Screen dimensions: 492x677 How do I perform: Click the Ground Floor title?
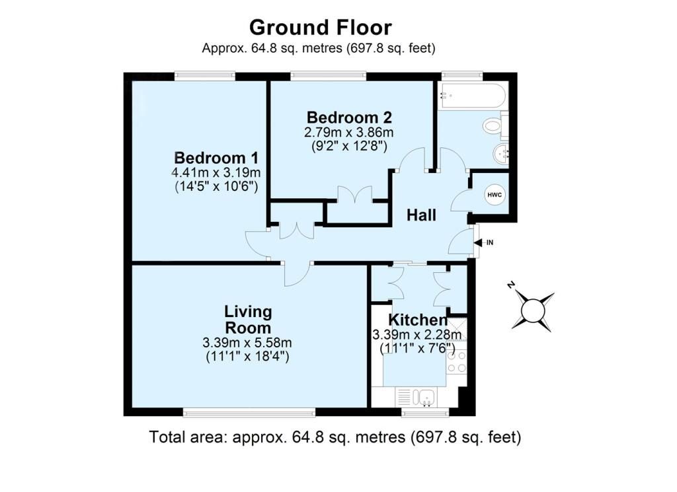tap(320, 28)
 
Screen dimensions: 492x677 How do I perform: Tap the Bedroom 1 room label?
tap(216, 158)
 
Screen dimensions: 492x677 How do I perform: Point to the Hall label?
tap(420, 215)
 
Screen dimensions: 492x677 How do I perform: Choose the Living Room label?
tap(248, 320)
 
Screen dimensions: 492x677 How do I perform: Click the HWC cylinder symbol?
tap(494, 195)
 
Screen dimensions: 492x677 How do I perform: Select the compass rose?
tap(532, 309)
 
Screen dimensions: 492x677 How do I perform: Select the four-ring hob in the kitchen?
tap(457, 362)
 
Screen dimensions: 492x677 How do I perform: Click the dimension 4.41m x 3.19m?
tap(216, 173)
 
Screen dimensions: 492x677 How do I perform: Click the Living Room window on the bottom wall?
tap(249, 413)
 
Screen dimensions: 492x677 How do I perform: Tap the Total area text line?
tap(335, 437)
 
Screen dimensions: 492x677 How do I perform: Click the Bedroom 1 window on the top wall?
tap(204, 76)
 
